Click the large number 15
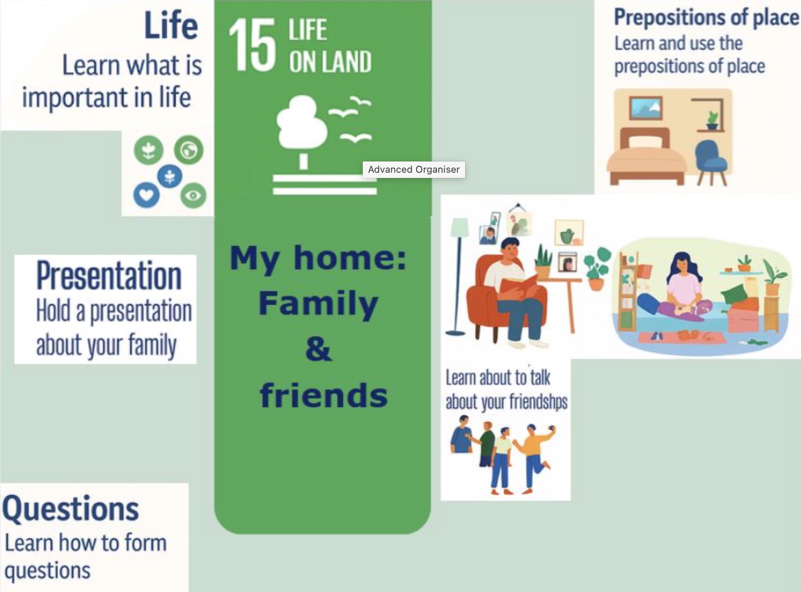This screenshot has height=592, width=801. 252,45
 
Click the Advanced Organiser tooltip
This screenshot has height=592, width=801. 414,169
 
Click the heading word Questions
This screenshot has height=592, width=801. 71,508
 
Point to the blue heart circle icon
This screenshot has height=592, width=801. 146,195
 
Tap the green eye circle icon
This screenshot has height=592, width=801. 193,195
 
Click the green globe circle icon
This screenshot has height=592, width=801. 189,150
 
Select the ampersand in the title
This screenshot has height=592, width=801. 318,350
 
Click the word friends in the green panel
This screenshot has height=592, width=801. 324,395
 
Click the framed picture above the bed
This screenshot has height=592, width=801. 646,108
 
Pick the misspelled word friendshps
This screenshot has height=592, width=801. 537,401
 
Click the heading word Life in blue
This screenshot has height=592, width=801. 171,26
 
